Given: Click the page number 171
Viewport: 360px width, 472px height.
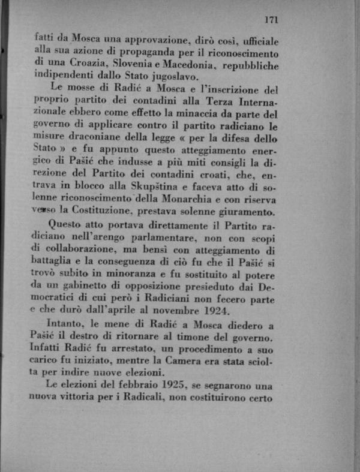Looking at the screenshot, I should pos(271,20).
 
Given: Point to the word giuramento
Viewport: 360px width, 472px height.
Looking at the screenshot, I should pos(248,212).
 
